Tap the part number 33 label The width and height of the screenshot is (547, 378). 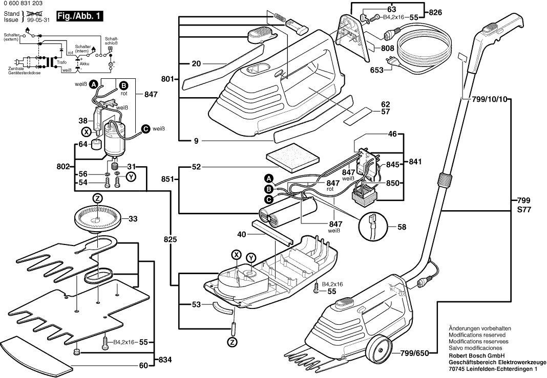click(x=133, y=219)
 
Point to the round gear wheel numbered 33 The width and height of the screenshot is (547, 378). click(x=98, y=218)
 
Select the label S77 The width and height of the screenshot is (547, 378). click(x=522, y=210)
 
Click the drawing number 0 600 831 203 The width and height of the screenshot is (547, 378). click(x=24, y=4)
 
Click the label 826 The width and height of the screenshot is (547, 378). click(x=435, y=12)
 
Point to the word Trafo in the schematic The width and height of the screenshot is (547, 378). click(x=62, y=62)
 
